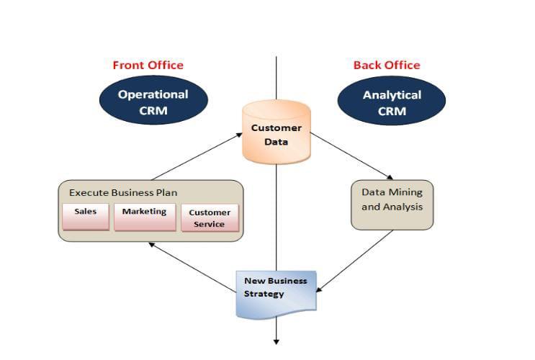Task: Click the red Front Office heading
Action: (x=148, y=65)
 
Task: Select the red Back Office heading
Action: (x=387, y=65)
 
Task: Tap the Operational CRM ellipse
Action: (x=153, y=102)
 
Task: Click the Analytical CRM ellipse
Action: (x=392, y=102)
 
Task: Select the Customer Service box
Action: (x=210, y=218)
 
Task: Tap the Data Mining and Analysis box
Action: (x=392, y=204)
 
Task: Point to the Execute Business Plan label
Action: (x=122, y=193)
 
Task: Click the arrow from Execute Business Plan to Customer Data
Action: (x=198, y=156)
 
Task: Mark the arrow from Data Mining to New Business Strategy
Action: (x=355, y=261)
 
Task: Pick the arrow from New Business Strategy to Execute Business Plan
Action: (x=193, y=268)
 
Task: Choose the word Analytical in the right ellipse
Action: (x=392, y=95)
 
